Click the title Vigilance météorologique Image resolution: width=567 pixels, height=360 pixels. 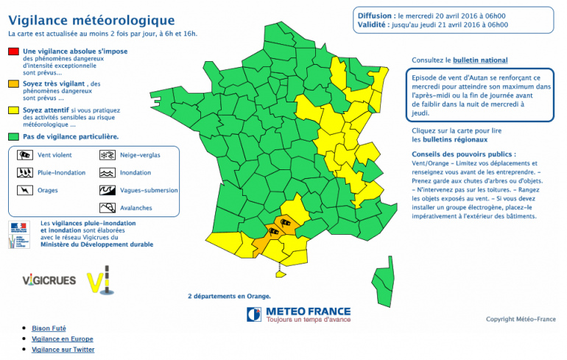pyautogui.click(x=91, y=21)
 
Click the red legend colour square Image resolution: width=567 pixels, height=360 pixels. pyautogui.click(x=13, y=51)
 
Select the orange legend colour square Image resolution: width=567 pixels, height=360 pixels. pyautogui.click(x=13, y=85)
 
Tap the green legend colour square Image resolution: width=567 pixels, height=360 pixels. pyautogui.click(x=13, y=136)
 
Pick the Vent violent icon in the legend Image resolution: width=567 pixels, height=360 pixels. pyautogui.click(x=24, y=155)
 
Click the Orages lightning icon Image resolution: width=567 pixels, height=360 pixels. pyautogui.click(x=24, y=190)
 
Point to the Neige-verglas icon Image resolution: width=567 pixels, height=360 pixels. pyautogui.click(x=107, y=155)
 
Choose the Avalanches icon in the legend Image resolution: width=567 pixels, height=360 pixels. pyautogui.click(x=107, y=208)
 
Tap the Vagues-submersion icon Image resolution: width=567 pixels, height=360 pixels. pyautogui.click(x=107, y=190)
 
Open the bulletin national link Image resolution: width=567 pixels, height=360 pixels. pyautogui.click(x=480, y=60)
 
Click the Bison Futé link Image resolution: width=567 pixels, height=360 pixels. pyautogui.click(x=50, y=328)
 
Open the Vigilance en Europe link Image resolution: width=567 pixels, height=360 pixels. pyautogui.click(x=63, y=339)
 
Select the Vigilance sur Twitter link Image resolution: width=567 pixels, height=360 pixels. pyautogui.click(x=63, y=350)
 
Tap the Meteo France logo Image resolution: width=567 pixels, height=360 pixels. pyautogui.click(x=299, y=314)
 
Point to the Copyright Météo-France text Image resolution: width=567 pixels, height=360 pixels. pyautogui.click(x=521, y=319)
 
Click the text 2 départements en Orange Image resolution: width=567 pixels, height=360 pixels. pyautogui.click(x=229, y=296)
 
